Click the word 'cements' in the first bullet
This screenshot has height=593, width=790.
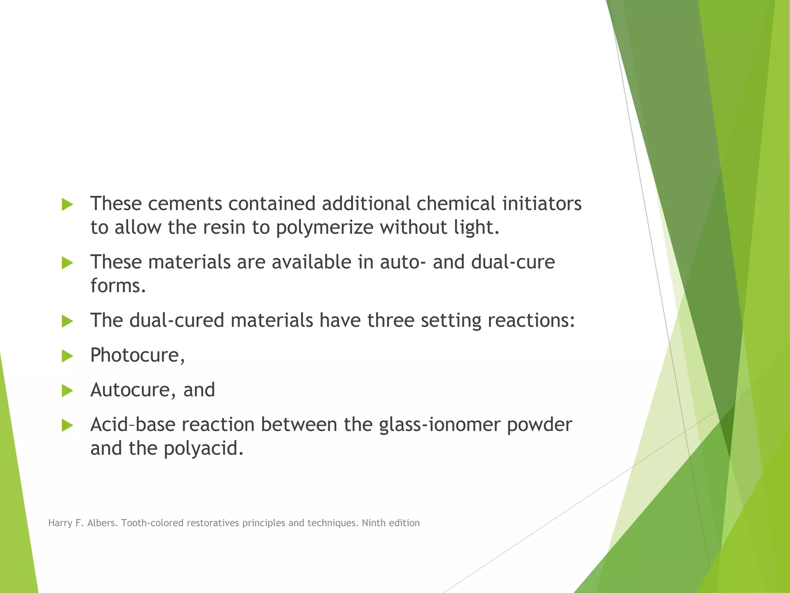tap(185, 203)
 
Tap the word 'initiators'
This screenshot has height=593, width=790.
tap(542, 203)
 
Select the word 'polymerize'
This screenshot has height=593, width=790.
tap(324, 228)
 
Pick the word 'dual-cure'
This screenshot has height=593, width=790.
tap(513, 262)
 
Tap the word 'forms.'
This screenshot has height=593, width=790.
tap(118, 286)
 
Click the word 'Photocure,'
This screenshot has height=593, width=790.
tap(138, 355)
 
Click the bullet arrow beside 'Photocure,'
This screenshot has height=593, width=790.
tap(67, 356)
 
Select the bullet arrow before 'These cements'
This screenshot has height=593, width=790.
tap(67, 205)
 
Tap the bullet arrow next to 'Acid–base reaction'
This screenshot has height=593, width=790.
tap(67, 425)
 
